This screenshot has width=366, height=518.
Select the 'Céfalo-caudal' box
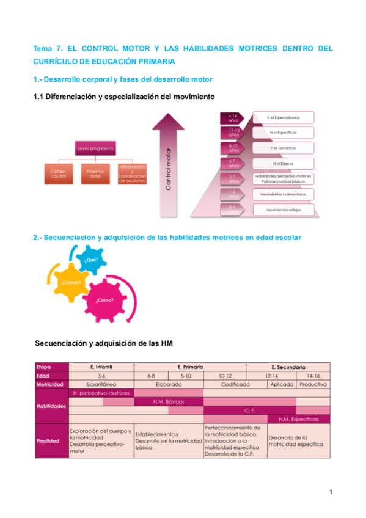click(x=59, y=175)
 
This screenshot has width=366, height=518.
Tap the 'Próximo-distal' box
click(x=95, y=175)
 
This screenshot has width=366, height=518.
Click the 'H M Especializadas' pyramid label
click(x=282, y=117)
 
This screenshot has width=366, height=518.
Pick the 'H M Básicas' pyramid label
click(x=282, y=163)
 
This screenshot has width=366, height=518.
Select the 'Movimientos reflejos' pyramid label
click(x=282, y=210)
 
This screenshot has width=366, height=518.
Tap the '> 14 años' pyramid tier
click(x=233, y=117)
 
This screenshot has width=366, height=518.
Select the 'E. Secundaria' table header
click(x=288, y=367)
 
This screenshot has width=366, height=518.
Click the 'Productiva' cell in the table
click(x=313, y=385)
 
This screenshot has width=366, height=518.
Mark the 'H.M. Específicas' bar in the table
click(x=299, y=419)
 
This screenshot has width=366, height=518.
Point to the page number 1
click(x=330, y=492)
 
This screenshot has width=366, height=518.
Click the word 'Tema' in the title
click(x=43, y=48)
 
